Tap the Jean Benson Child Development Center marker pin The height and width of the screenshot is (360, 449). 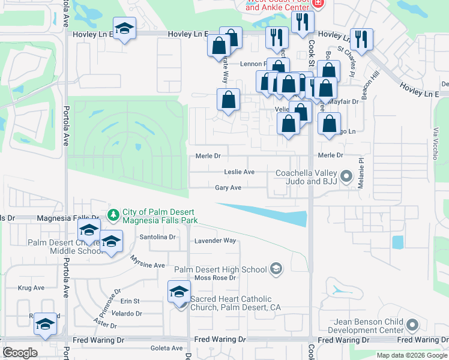[412, 325]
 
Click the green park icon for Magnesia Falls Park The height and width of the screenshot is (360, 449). [113, 214]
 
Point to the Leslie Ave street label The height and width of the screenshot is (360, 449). [239, 172]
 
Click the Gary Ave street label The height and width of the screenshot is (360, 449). [228, 188]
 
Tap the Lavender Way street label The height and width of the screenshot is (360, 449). [215, 241]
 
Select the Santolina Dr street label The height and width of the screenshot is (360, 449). [157, 237]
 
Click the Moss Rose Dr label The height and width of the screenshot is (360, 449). [215, 278]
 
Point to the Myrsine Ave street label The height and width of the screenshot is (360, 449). [148, 262]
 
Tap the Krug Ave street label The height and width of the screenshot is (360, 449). [31, 288]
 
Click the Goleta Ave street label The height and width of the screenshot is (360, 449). [168, 348]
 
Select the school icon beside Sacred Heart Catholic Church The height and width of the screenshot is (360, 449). [179, 292]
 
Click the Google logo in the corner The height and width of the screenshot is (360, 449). [20, 353]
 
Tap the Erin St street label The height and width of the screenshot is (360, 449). [130, 301]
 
